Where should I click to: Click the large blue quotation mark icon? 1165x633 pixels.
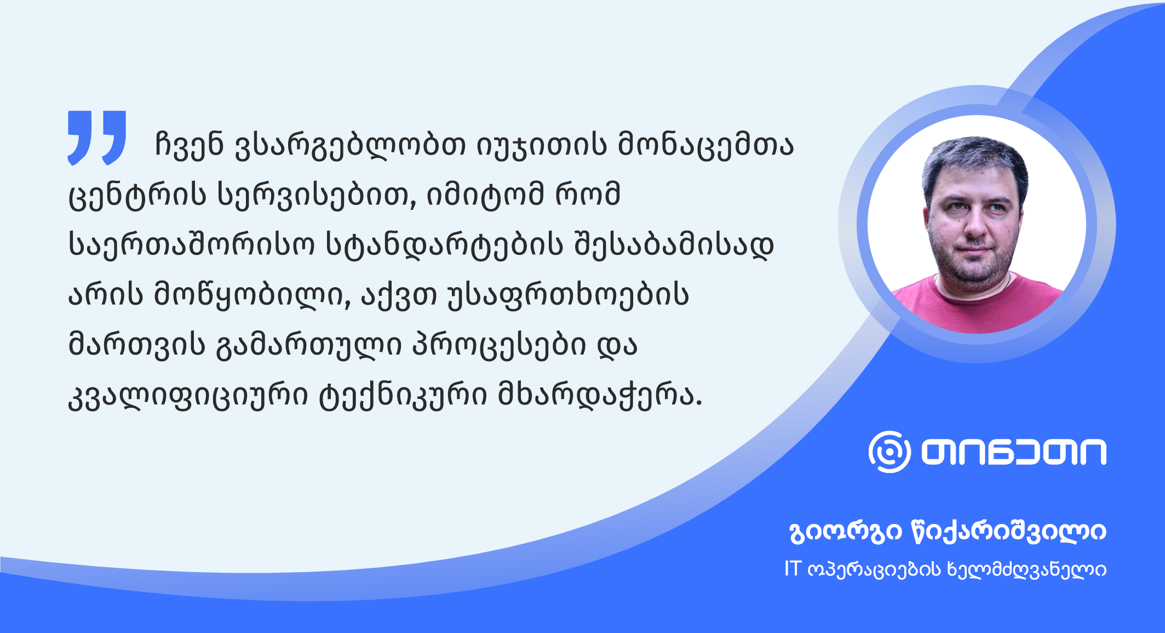pos(97,138)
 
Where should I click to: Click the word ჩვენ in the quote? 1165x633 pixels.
pos(190,145)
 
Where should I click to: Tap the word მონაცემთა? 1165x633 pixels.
pos(706,145)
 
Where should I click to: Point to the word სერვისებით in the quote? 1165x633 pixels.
pos(317,195)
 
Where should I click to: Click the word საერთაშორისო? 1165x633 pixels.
pos(192,244)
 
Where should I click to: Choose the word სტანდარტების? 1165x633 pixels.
pos(445,244)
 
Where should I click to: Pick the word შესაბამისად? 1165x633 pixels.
pos(674,244)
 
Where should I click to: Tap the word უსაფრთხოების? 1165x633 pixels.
pos(568,294)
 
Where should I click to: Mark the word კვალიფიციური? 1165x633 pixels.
pos(188,395)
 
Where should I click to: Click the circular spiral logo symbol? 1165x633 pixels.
pos(889,452)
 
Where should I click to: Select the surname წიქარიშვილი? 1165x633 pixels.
pos(1008,531)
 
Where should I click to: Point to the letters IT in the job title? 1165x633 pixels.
pos(792,569)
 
